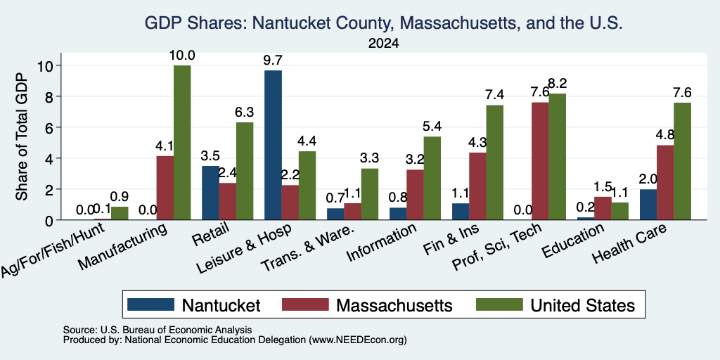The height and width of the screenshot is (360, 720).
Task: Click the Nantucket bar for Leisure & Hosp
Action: coord(274,145)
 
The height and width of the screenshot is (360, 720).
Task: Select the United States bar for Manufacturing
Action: coord(182,143)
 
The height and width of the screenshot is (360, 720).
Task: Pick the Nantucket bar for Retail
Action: coord(210,193)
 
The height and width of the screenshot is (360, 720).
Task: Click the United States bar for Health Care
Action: coord(682,161)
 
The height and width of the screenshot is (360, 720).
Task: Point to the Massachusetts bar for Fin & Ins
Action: coord(477,186)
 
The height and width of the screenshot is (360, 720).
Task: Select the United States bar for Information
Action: coord(432,178)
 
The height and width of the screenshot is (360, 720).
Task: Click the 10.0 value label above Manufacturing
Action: coord(182,56)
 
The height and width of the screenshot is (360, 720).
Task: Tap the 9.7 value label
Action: coord(274,60)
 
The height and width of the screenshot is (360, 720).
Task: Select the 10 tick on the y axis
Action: coord(44,65)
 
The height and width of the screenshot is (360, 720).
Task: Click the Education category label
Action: coord(572,241)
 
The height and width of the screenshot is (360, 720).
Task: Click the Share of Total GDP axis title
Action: coord(22,136)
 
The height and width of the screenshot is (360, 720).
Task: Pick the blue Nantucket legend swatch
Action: coord(150,304)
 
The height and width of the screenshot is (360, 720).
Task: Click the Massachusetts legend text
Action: coord(394,305)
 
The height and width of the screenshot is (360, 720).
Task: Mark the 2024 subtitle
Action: coord(383,44)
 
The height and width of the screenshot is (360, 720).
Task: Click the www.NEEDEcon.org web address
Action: coord(358,340)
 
